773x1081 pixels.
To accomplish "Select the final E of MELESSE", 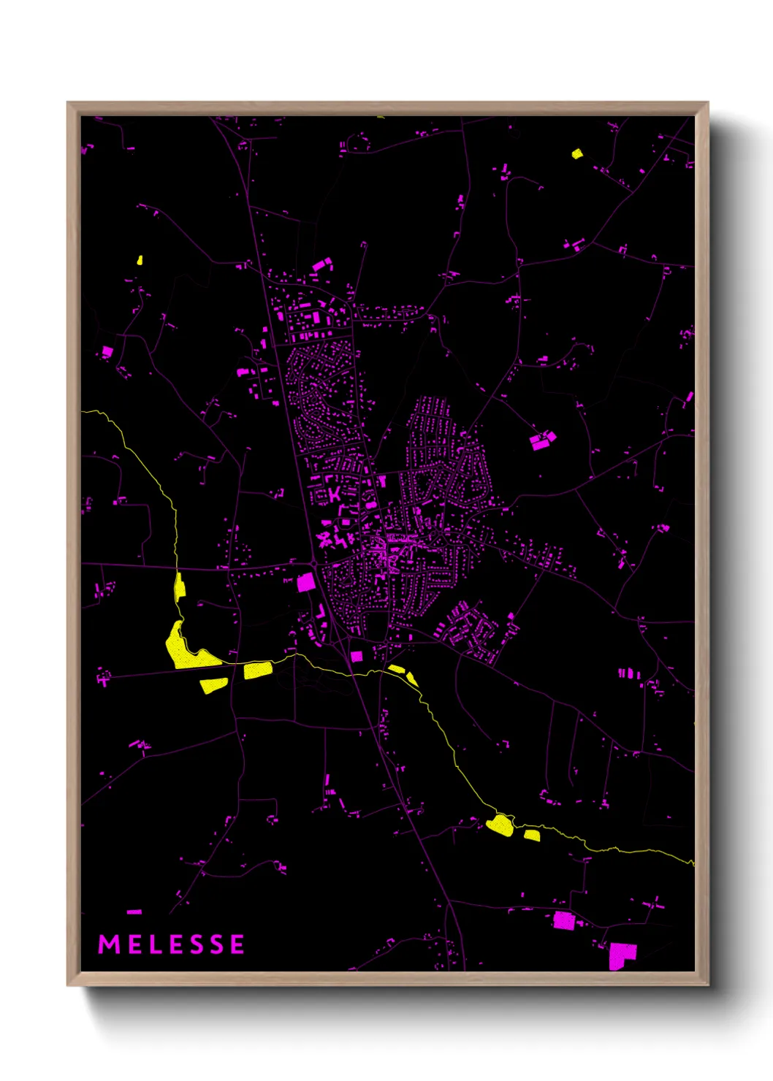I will point(237,944).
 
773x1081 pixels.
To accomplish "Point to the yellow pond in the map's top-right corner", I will point(576,153).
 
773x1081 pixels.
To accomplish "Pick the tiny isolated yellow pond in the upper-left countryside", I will point(140,259).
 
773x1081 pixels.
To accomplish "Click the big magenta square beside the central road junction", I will point(305,582).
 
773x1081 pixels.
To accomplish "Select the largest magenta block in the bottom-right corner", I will point(622,955).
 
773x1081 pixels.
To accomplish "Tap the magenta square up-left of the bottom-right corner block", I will point(563,920).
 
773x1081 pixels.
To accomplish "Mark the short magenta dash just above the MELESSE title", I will point(134,912).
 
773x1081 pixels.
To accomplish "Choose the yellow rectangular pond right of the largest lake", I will point(257,670).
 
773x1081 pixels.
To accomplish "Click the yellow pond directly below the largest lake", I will point(213,685).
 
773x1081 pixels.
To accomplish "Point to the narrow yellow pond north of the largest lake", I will point(179,587).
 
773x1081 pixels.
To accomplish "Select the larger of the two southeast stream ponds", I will point(500,825).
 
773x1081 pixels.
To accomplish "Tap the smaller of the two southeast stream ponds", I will point(532,835).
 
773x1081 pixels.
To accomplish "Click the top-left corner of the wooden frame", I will point(68,103).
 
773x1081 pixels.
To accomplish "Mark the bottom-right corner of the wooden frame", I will point(707,985).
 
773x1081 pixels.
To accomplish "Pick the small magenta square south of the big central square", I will point(357,656).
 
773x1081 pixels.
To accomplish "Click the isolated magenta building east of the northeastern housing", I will point(541,440).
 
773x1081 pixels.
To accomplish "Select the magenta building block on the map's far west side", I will point(107,351).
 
